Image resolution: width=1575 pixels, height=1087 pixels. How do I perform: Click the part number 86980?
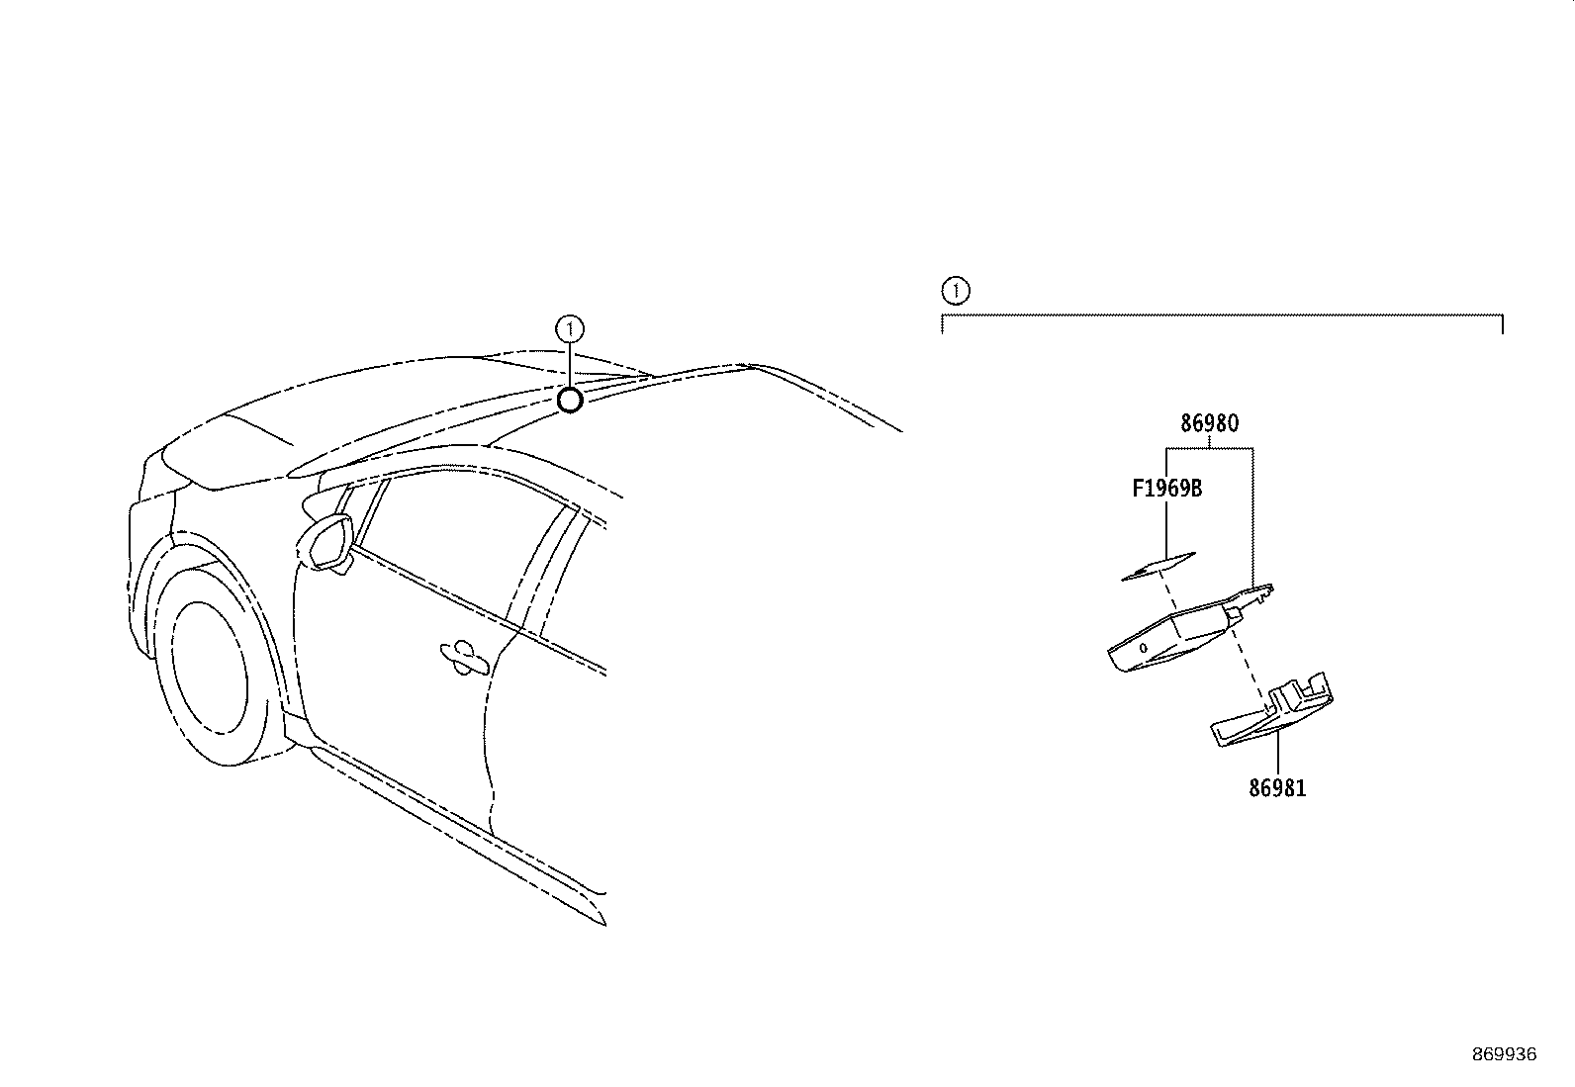click(1209, 423)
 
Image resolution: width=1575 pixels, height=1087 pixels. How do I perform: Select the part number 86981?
click(1277, 788)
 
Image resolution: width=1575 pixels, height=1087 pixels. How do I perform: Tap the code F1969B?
click(1167, 488)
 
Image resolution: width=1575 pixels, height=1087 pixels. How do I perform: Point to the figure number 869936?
click(1505, 1054)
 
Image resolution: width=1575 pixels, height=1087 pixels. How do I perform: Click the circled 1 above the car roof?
click(570, 328)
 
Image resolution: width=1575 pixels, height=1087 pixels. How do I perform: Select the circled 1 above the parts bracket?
click(956, 291)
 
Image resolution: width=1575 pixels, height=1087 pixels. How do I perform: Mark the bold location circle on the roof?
click(570, 401)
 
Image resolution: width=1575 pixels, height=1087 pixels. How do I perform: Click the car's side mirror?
click(325, 542)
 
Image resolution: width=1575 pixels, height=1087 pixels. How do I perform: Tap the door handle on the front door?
click(463, 658)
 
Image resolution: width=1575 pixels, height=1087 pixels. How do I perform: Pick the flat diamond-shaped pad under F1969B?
click(1158, 566)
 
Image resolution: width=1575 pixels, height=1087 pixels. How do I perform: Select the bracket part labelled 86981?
click(1272, 710)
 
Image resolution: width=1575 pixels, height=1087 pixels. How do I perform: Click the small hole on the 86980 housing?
click(1144, 648)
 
